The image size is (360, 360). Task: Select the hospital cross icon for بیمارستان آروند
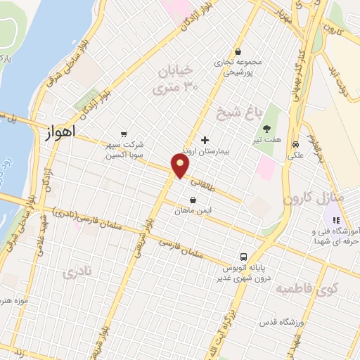[x=205, y=139]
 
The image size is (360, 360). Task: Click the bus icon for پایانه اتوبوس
[x=243, y=257]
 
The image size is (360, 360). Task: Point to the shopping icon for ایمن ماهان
[x=193, y=199]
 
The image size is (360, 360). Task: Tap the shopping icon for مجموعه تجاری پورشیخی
[x=238, y=51]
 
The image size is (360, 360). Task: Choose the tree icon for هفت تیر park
[x=267, y=129]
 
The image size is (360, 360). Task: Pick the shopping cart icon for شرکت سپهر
[x=124, y=134]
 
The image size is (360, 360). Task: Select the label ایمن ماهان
[x=193, y=210]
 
